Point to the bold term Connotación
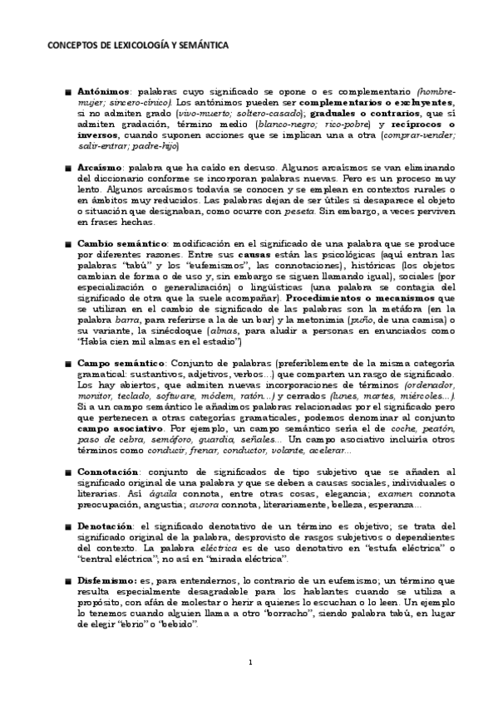tap(106, 472)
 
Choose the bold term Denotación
tap(105, 526)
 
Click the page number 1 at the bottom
tap(249, 662)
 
